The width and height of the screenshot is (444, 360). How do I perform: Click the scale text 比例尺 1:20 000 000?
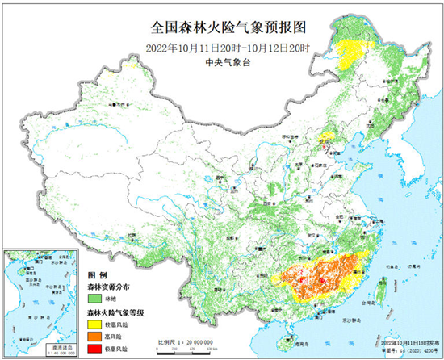[x=186, y=342]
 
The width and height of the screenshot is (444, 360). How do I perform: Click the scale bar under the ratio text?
[x=186, y=350]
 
